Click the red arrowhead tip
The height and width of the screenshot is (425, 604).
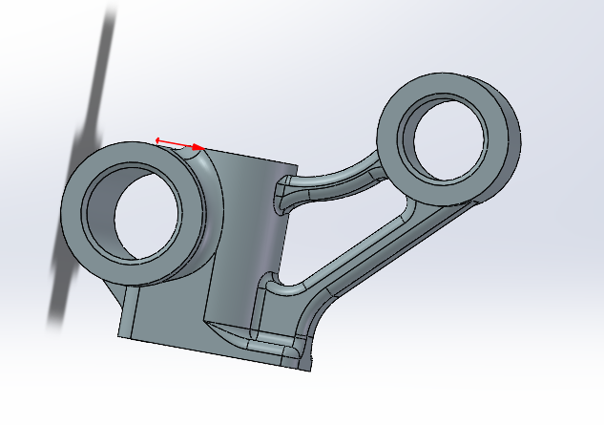[203, 148]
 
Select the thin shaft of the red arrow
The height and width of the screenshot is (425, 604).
[178, 144]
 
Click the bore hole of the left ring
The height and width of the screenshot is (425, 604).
[148, 219]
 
